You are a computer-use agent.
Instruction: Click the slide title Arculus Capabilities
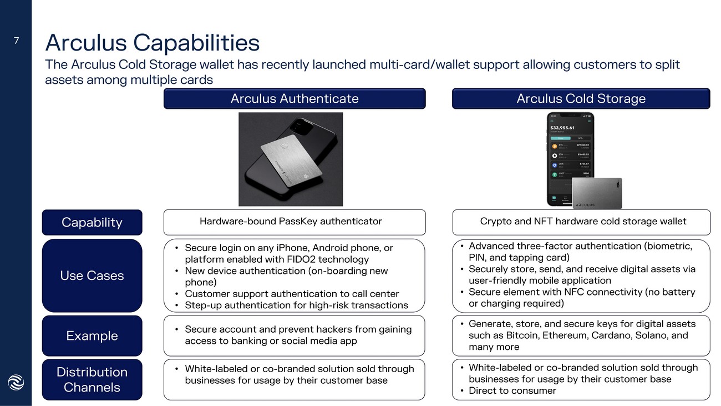point(152,43)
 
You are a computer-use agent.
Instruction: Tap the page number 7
point(16,40)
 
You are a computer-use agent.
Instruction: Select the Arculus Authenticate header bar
point(294,99)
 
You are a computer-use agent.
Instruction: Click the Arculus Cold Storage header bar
point(581,99)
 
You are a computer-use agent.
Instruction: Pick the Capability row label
point(92,222)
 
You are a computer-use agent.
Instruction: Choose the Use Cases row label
point(92,275)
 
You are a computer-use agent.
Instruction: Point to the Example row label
point(92,335)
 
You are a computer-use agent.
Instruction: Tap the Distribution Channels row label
point(92,379)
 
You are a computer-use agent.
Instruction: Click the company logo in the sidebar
point(16,383)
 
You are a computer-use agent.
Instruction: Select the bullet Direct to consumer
point(512,390)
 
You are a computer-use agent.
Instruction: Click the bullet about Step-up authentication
point(296,305)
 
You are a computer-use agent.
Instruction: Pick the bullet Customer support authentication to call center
point(292,294)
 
